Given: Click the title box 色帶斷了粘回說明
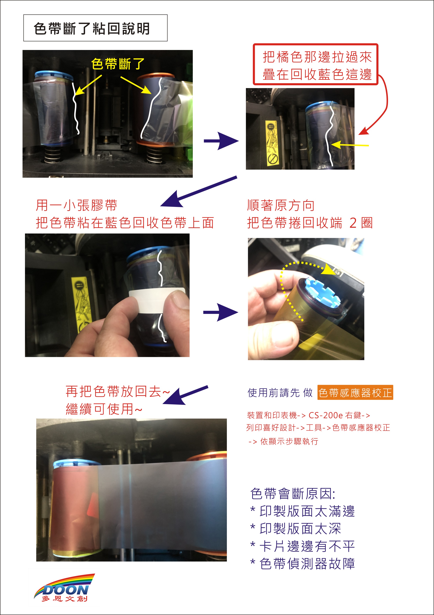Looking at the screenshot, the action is point(95,28).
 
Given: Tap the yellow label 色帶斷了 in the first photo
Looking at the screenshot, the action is point(118,64).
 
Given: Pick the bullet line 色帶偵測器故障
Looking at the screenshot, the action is point(302,564).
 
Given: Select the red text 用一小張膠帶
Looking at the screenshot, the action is point(76,206).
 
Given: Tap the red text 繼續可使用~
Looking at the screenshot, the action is point(104,409).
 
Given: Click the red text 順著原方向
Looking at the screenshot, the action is point(281,206).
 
